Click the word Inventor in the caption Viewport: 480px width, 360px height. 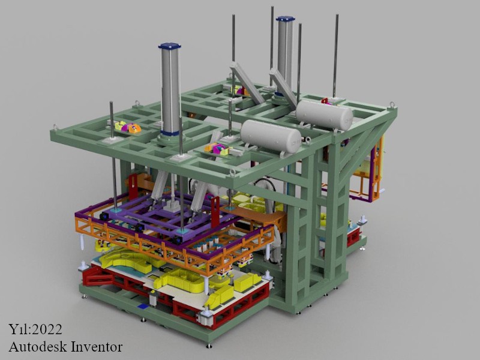tap(97, 347)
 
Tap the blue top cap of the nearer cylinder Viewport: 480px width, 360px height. tap(170, 46)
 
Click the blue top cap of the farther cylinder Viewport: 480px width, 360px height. tap(286, 19)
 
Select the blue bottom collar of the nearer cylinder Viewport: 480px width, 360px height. tap(170, 133)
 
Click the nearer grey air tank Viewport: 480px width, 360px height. tap(271, 136)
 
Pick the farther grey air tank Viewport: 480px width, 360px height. tap(324, 115)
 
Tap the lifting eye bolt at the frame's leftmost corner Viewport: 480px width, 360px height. tap(55, 127)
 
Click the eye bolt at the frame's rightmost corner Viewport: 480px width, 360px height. tap(392, 104)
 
